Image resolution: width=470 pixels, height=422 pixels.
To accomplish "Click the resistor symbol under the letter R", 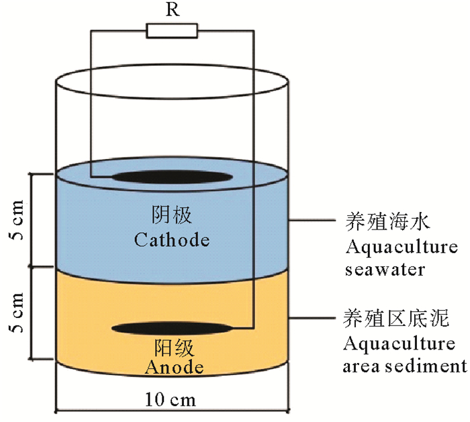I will coord(171,31).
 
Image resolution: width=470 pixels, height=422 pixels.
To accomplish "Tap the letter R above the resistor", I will coord(171,10).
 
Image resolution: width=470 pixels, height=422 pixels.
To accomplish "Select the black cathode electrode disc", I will coord(168,178).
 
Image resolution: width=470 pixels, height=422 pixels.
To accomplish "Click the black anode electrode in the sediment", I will coord(171,329).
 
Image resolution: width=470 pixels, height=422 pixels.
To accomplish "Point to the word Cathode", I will coord(172,240).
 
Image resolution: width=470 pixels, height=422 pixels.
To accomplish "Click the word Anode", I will coord(174,367).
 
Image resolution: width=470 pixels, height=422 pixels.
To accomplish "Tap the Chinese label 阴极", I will coord(171,215).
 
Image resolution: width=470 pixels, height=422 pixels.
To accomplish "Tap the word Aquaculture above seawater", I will coord(402,247).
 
